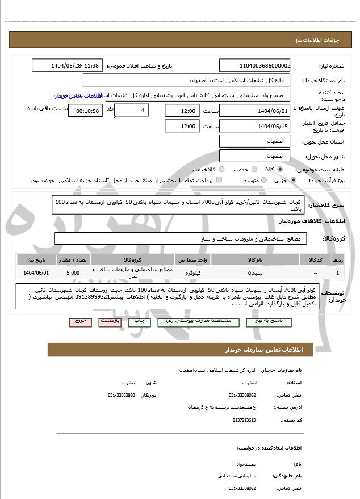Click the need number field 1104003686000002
point(254,66)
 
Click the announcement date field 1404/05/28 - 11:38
point(67,66)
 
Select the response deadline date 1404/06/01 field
point(254,110)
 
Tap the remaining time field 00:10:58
point(85,110)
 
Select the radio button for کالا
point(280,169)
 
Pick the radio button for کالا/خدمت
point(219,169)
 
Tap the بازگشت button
point(110,321)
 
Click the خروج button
point(80,321)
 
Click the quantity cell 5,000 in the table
point(73,273)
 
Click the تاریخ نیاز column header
point(37,259)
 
